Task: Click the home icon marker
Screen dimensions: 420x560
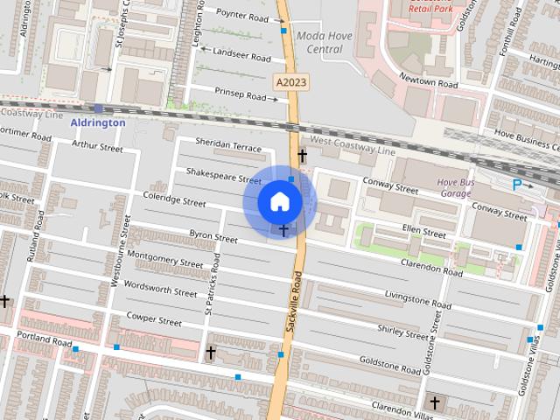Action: (x=279, y=202)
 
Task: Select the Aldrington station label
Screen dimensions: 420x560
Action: (x=98, y=123)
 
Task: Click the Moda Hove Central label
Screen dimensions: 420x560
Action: (x=318, y=42)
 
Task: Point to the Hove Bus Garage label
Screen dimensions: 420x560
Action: (x=454, y=187)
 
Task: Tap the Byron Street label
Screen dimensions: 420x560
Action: (x=213, y=236)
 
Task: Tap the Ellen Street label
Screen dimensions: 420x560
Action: (x=424, y=234)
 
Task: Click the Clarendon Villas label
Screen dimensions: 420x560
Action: (x=402, y=409)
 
